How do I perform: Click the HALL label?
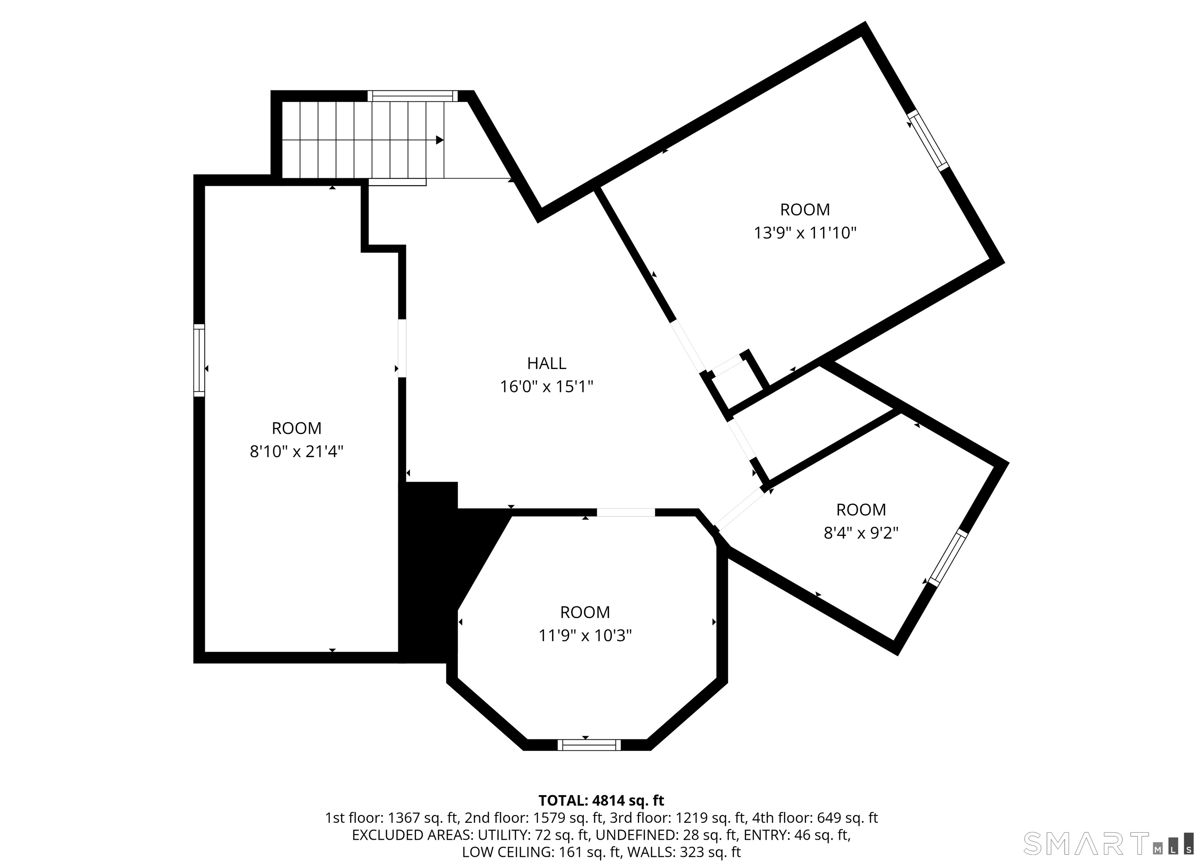546,363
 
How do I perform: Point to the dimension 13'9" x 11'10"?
805,233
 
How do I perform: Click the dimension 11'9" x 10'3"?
585,635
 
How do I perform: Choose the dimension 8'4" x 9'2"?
861,533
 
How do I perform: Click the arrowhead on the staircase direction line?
440,140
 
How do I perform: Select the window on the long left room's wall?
199,360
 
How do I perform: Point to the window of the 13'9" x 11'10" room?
928,141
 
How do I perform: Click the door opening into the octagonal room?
626,512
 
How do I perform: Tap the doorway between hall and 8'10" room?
402,348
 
